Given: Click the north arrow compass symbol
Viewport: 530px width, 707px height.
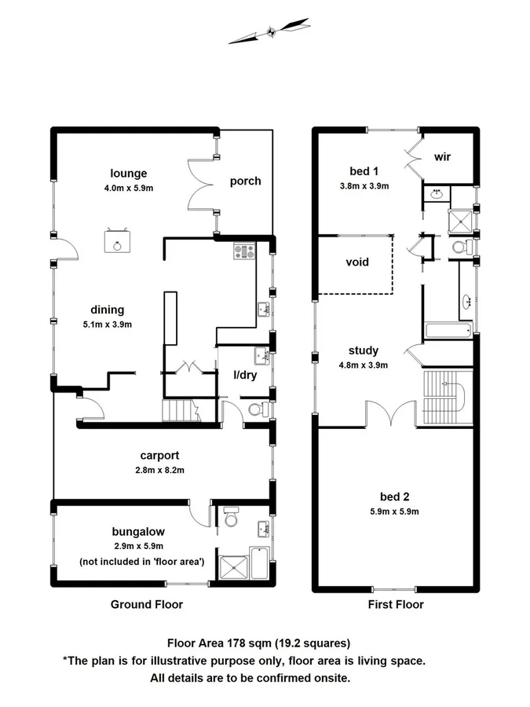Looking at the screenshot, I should pos(269,31).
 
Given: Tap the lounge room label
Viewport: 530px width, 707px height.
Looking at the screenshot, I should pos(129,174).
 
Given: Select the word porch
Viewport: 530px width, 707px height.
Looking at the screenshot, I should pos(245,181).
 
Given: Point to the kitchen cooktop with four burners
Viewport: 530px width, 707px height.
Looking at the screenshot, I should pos(244,252).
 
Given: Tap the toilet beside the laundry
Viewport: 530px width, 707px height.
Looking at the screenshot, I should pos(255,409).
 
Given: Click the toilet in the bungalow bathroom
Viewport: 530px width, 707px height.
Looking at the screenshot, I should pos(230,518).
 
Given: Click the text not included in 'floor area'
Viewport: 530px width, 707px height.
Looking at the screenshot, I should pos(141,561).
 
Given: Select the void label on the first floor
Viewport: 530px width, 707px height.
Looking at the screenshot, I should pos(357,262).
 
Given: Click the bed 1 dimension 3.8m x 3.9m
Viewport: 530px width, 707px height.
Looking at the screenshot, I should pos(363,186).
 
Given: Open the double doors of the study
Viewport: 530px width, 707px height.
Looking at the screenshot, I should pos(390,412).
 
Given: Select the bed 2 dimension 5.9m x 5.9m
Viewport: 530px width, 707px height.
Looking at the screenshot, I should pos(394,511).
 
